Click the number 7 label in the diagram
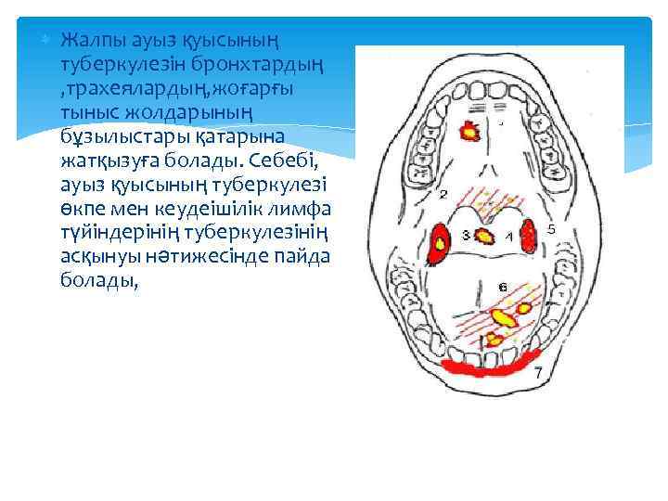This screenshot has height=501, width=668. [539, 371]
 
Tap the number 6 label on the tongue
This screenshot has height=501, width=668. [502, 289]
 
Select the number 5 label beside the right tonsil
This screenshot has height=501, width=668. [551, 229]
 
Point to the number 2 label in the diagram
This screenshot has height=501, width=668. [443, 195]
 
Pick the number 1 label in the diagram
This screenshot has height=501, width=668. [508, 238]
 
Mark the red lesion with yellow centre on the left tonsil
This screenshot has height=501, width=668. [441, 239]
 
